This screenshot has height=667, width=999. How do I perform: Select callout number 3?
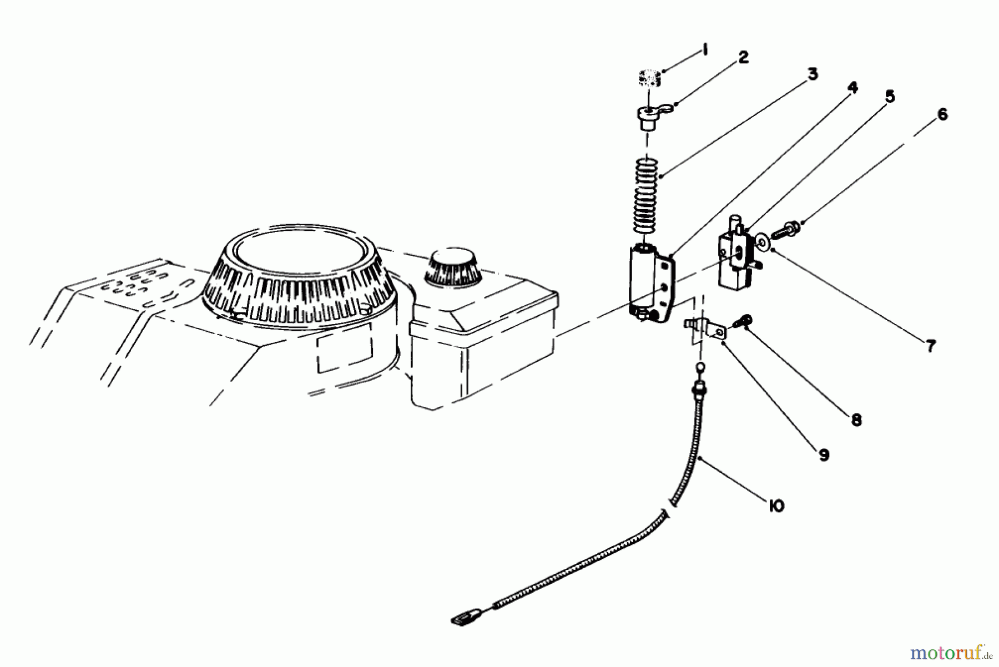click(x=812, y=74)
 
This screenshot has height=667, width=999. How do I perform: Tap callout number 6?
click(x=942, y=115)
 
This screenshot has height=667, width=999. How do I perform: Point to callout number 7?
click(x=931, y=346)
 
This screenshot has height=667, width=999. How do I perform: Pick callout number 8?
click(x=856, y=420)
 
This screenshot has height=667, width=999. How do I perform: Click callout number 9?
click(x=824, y=455)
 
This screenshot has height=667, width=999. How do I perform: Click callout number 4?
click(x=852, y=88)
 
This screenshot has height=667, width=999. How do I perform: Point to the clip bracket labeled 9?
click(x=705, y=329)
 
